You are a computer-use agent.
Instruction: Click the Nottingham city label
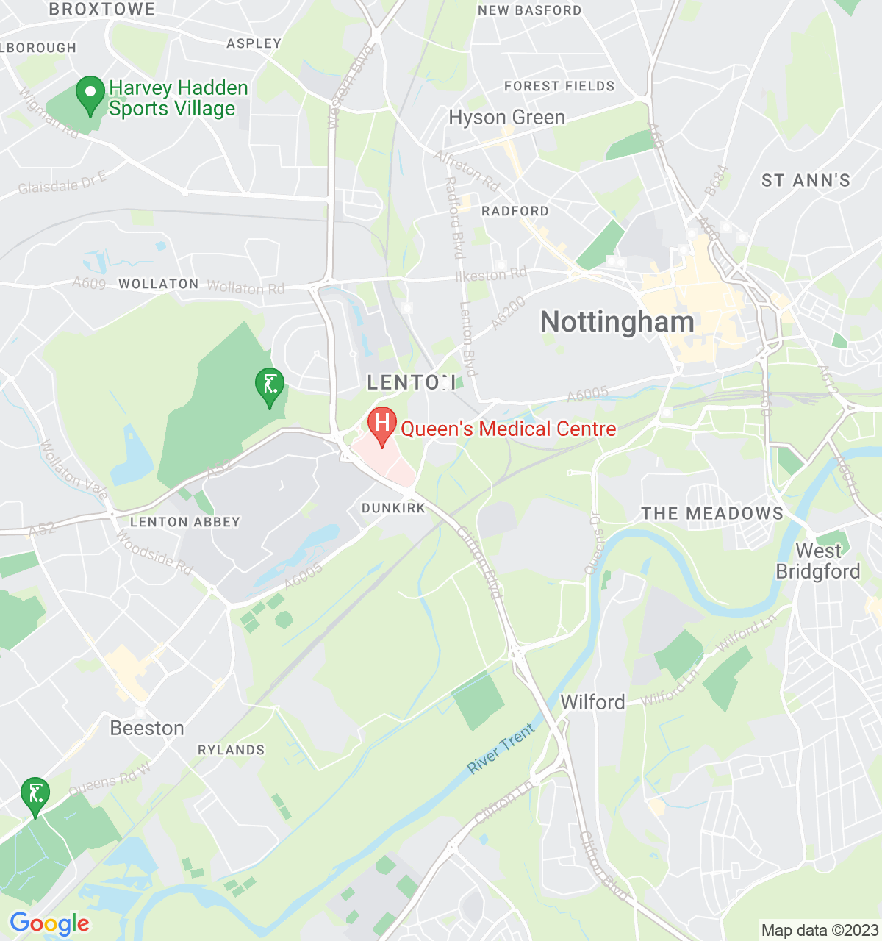(617, 322)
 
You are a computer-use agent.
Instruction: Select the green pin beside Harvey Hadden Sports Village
(90, 95)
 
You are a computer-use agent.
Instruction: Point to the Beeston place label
(147, 728)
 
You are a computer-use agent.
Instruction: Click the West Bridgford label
(818, 561)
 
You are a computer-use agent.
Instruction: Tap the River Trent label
(502, 749)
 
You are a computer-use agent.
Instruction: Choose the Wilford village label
(592, 702)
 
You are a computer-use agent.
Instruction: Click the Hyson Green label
(506, 118)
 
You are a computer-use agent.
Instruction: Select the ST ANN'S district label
(806, 180)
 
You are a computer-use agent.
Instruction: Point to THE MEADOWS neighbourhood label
(712, 513)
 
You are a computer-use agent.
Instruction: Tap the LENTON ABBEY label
(184, 522)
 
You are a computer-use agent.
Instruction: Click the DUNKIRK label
(393, 508)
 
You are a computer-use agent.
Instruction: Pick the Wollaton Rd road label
(245, 287)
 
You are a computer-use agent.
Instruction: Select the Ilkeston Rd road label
(491, 275)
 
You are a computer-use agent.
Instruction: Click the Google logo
(49, 923)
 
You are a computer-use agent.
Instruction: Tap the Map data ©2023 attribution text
(819, 931)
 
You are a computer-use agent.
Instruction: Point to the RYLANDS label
(231, 750)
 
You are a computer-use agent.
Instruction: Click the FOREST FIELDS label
(559, 86)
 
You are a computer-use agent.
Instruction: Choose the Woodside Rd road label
(154, 551)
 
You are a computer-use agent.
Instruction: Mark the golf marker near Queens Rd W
(35, 795)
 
